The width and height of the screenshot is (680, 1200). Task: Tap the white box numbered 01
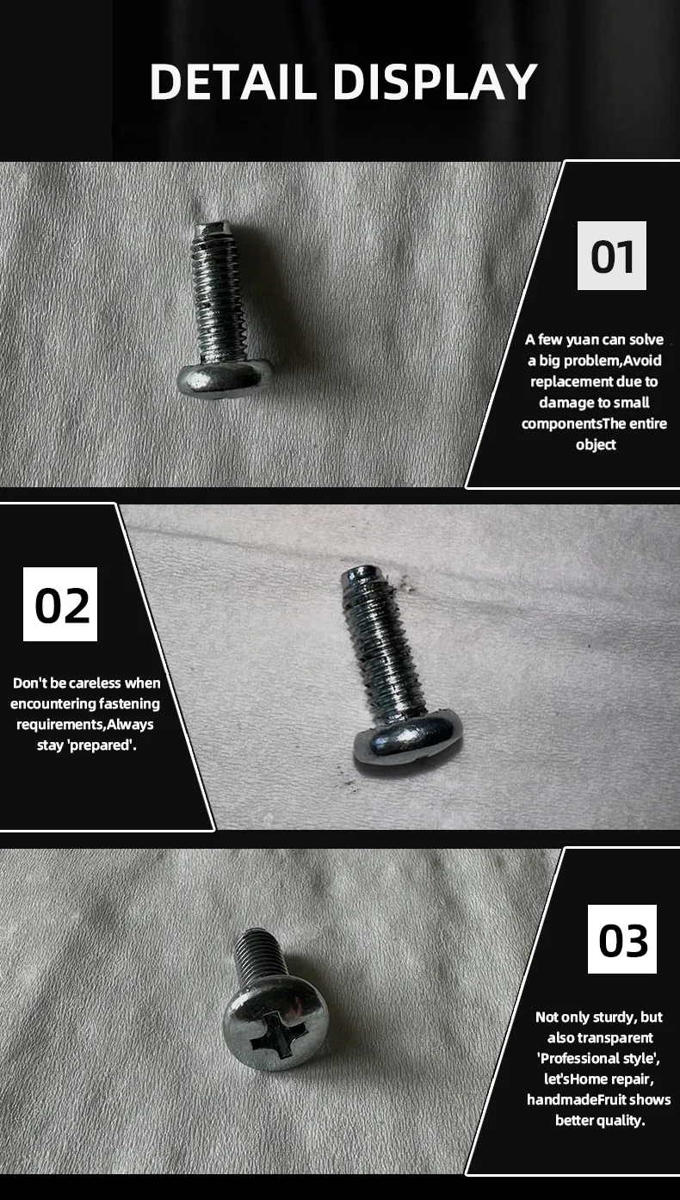tap(611, 256)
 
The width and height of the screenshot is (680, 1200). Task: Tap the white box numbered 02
tap(60, 604)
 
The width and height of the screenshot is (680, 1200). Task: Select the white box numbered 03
tap(621, 941)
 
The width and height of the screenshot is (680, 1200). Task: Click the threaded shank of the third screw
tap(257, 956)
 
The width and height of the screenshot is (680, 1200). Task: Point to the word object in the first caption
tap(596, 444)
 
